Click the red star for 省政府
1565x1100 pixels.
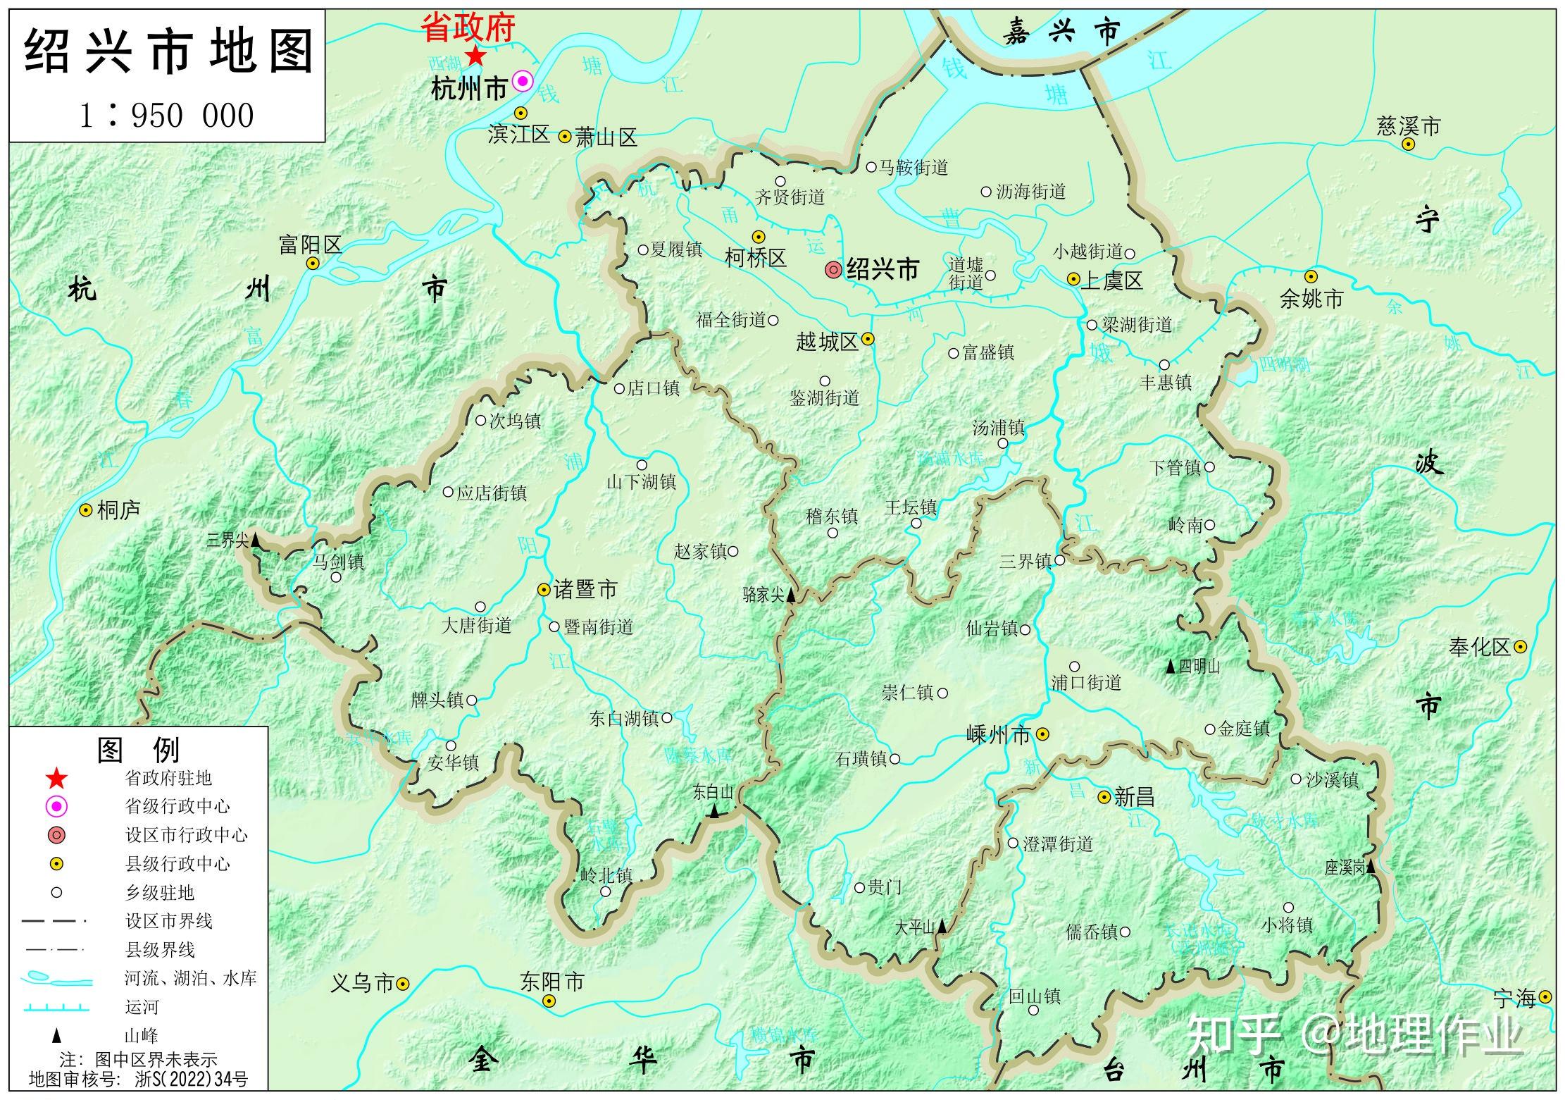(476, 55)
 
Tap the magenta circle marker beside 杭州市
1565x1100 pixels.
(522, 81)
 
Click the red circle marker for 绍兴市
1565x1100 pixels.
(833, 269)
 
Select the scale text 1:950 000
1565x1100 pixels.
(166, 116)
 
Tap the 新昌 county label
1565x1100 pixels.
(1134, 797)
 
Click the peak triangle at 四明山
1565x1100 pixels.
(1170, 666)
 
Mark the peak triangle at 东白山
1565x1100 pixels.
(715, 811)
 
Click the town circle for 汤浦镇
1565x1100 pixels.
(1002, 444)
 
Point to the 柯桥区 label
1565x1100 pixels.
(755, 258)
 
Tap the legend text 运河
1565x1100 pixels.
(142, 1007)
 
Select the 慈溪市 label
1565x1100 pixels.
(1409, 126)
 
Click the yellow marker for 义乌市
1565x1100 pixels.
(403, 983)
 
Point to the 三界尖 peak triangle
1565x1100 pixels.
(256, 541)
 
